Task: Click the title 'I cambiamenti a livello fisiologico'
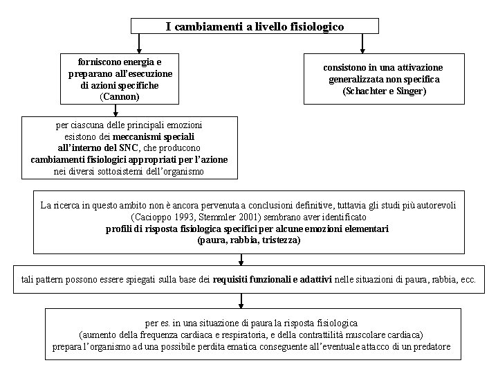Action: tap(255, 26)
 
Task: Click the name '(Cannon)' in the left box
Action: tap(120, 96)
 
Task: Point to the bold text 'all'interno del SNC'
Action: tap(98, 148)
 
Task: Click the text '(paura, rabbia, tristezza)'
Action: tap(249, 240)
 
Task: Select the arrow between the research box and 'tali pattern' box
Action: tap(241, 260)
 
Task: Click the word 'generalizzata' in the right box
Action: tap(358, 79)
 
